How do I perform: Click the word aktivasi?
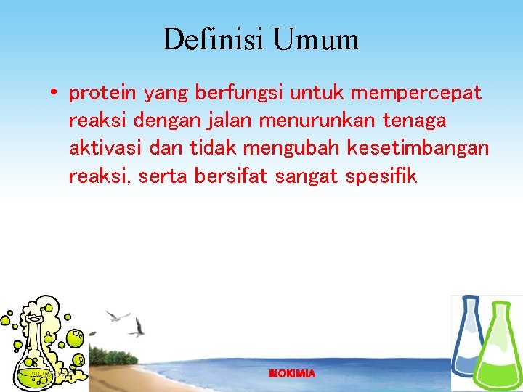pos(105,149)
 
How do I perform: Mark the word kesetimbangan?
pos(418,149)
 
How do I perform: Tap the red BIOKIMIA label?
pos(292,374)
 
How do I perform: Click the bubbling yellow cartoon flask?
pos(40,341)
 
